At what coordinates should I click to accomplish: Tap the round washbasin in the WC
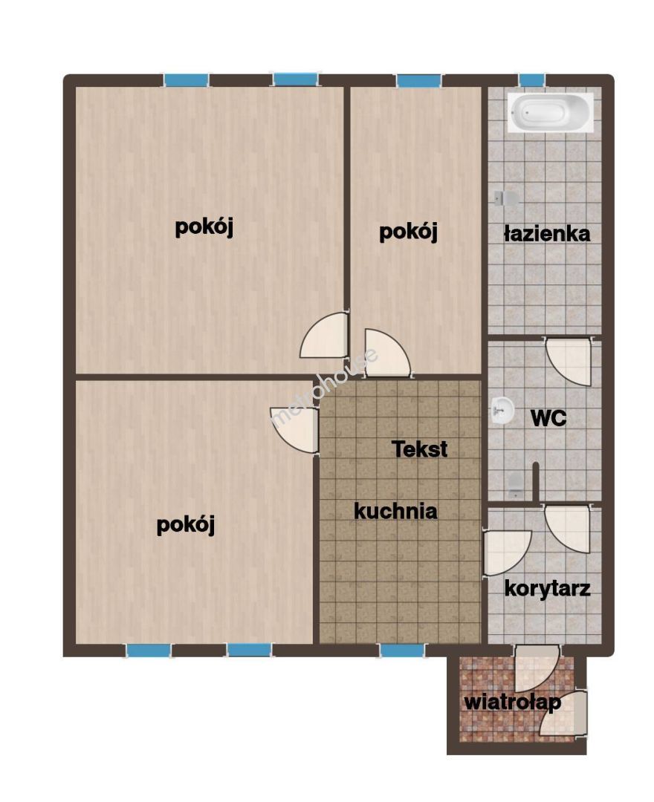click(x=502, y=409)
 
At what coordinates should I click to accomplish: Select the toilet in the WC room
click(x=515, y=484)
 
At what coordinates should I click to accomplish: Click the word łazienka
click(x=546, y=234)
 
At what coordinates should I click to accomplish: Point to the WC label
click(x=548, y=418)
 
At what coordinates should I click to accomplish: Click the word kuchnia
click(x=395, y=511)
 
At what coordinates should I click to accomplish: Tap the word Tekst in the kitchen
click(x=420, y=449)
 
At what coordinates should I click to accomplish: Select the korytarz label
click(x=547, y=588)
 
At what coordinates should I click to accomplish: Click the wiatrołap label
click(x=512, y=702)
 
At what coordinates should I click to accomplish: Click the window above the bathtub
click(x=531, y=80)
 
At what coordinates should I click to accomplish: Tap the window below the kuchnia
click(x=402, y=650)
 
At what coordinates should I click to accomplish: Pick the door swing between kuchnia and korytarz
click(x=507, y=552)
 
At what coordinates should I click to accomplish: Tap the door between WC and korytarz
click(x=568, y=529)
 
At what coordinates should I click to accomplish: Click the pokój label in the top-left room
click(x=204, y=226)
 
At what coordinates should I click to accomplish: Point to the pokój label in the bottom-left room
click(x=185, y=525)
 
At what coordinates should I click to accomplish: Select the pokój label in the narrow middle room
click(x=408, y=232)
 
